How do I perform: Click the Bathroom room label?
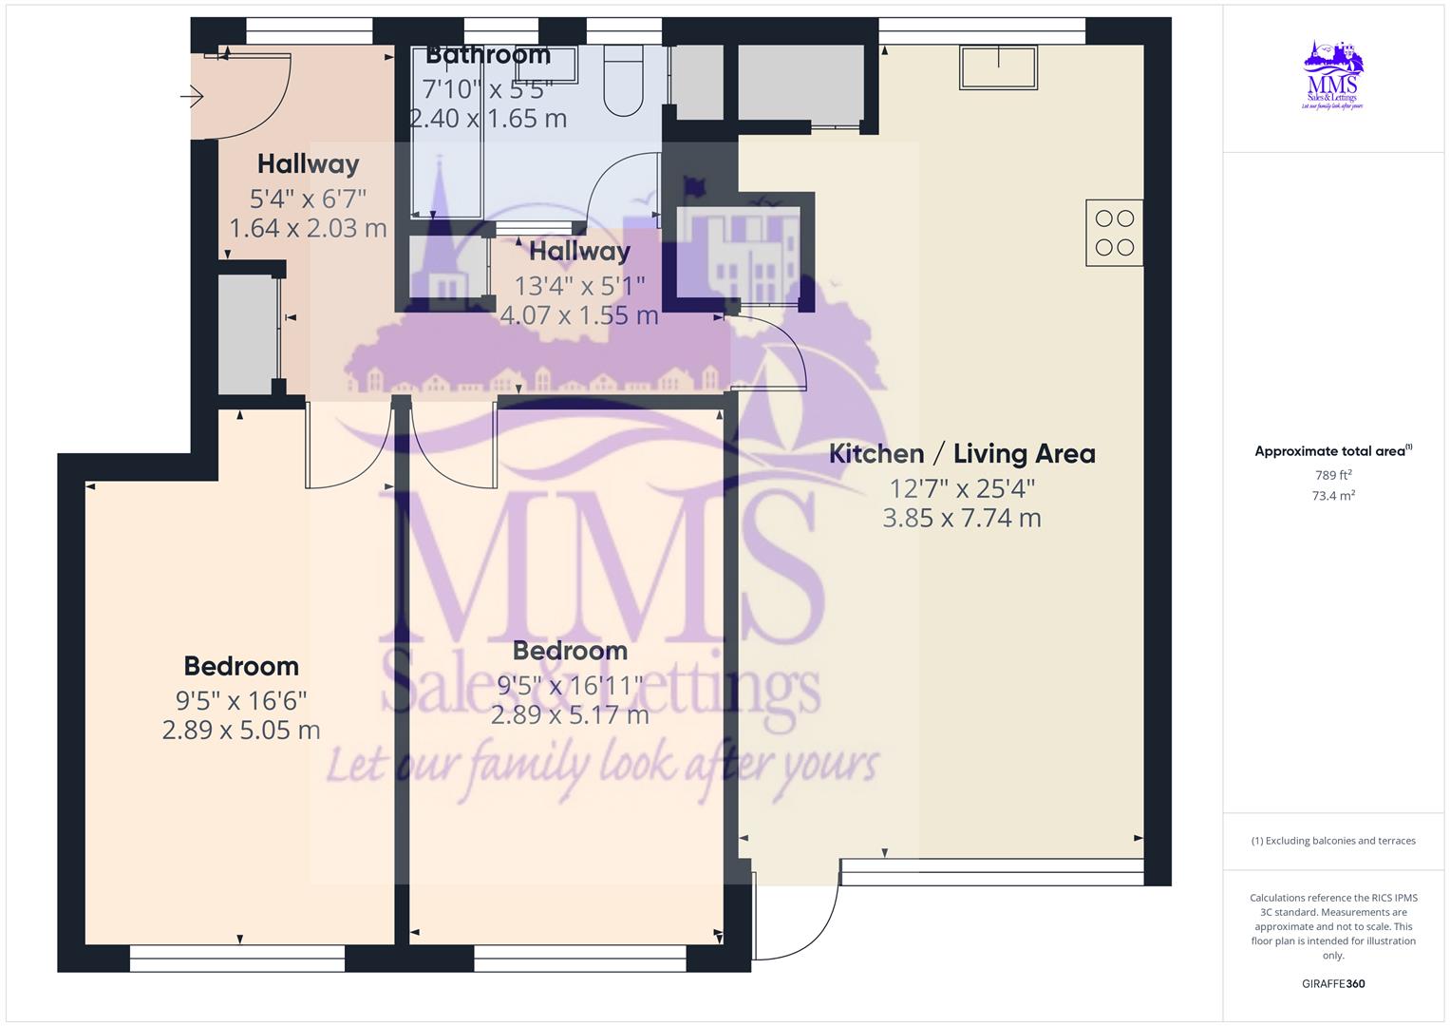[x=487, y=55]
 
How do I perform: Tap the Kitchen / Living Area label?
[x=962, y=454]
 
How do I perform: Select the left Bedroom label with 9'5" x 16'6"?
[x=241, y=666]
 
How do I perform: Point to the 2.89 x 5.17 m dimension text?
[x=570, y=714]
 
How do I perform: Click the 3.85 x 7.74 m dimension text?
[x=962, y=518]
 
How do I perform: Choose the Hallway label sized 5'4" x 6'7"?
[x=308, y=164]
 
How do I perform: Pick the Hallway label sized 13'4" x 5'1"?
[x=579, y=252]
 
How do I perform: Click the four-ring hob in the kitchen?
[x=1114, y=233]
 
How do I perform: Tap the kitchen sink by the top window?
[x=998, y=67]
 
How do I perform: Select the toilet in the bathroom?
[x=624, y=80]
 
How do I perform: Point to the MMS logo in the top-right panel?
[x=1333, y=75]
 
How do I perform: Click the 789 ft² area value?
[x=1333, y=475]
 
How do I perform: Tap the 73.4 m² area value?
[x=1333, y=496]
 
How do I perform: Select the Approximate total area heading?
[x=1332, y=451]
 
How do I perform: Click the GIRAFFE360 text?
[x=1333, y=983]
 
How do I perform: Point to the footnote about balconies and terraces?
[x=1333, y=841]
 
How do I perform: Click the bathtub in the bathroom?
[x=447, y=133]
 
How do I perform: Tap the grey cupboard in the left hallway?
[x=246, y=334]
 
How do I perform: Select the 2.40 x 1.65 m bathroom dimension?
[x=488, y=119]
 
